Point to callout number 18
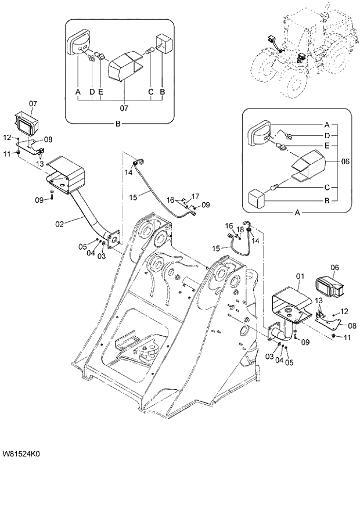(239, 230)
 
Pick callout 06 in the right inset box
(345, 162)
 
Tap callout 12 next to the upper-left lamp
(7, 138)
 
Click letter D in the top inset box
(92, 92)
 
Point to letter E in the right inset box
(327, 145)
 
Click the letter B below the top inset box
(118, 124)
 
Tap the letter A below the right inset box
(297, 213)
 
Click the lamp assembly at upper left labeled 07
(27, 123)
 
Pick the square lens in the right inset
(256, 198)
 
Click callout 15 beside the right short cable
(216, 249)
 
